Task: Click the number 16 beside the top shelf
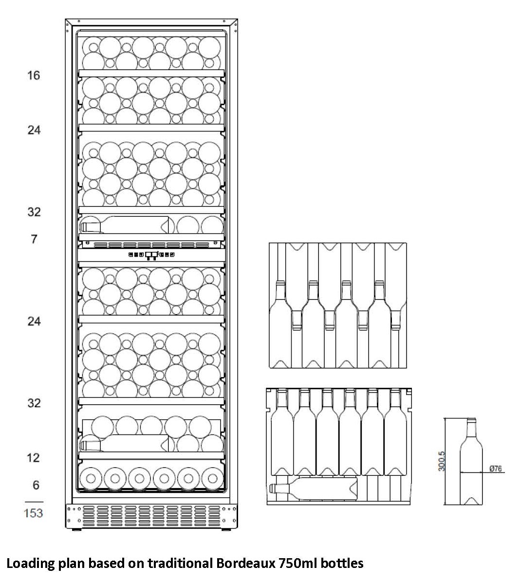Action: pos(34,75)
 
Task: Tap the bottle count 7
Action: pos(34,239)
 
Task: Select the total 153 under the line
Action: pos(34,513)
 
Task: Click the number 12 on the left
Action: pos(33,457)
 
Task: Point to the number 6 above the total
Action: pos(36,485)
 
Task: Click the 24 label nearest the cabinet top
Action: pos(34,130)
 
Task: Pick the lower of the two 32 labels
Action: pos(34,403)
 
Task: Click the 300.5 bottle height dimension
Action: pos(442,461)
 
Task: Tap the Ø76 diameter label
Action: pos(496,469)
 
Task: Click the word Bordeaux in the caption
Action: pos(245,563)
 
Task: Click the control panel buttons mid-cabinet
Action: pos(151,255)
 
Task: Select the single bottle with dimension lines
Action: pos(471,461)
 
